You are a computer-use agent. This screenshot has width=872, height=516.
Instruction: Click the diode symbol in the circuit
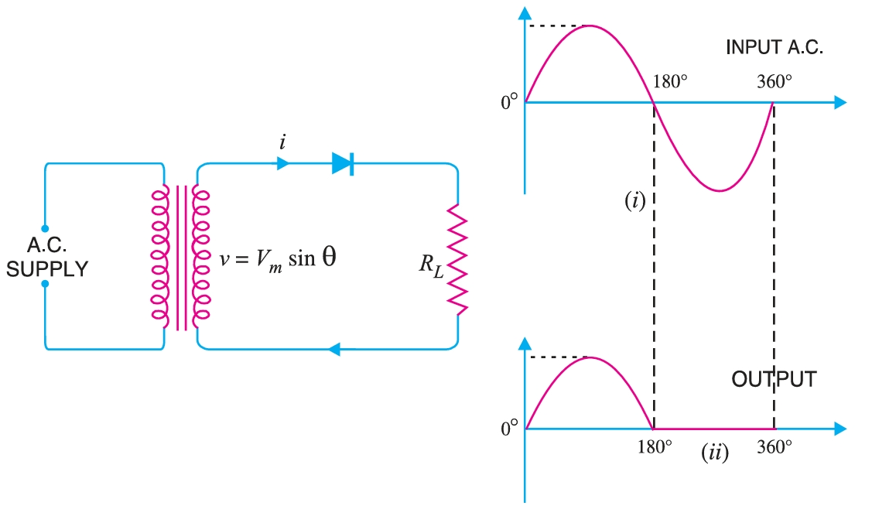coord(343,163)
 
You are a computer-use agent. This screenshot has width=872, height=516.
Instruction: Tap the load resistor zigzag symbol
coord(458,259)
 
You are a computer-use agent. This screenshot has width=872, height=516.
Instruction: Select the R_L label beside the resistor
coord(431,265)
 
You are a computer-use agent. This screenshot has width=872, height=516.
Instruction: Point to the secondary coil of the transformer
coord(200,255)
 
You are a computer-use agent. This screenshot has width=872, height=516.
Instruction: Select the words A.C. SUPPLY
coord(47,258)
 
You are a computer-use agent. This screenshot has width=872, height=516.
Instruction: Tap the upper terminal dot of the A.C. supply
coord(45,229)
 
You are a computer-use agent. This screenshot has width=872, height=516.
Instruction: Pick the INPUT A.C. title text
coord(773,48)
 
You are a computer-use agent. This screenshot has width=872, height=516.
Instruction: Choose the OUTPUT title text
coord(774,380)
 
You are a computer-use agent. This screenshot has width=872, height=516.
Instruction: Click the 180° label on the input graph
coord(670,82)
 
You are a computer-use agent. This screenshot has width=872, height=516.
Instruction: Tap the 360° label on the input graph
coord(775,82)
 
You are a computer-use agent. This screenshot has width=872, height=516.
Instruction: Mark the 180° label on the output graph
coord(654,447)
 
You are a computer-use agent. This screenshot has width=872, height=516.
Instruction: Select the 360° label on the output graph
coord(775,447)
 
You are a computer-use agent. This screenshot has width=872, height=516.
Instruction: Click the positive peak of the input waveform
coord(590,26)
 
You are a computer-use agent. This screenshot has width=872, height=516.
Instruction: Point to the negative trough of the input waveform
coord(720,190)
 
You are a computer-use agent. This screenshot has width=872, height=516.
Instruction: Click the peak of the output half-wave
coord(590,357)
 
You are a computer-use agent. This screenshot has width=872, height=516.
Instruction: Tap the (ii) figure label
coord(714,453)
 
